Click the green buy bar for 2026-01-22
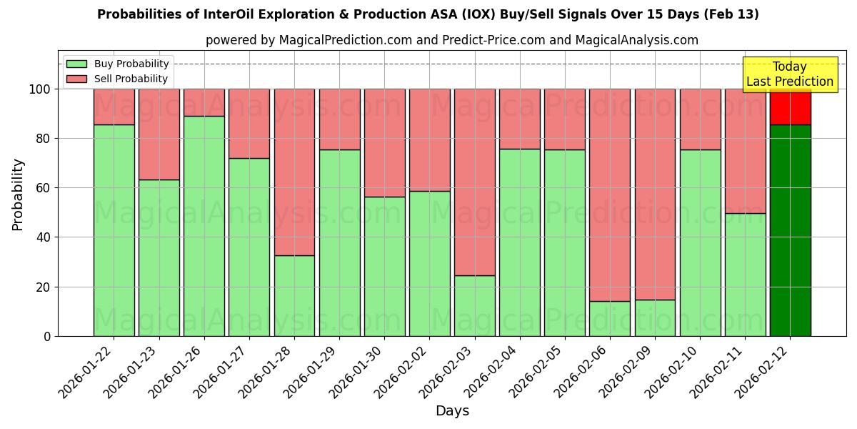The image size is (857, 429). tap(114, 230)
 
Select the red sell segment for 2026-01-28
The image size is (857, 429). tap(294, 172)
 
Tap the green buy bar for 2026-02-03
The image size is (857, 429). tap(474, 305)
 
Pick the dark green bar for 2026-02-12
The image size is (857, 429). tap(790, 230)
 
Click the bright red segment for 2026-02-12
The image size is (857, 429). tap(790, 107)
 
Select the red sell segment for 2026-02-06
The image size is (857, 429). tap(609, 194)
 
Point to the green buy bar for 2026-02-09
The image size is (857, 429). tap(655, 317)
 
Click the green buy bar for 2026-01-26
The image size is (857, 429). tap(204, 226)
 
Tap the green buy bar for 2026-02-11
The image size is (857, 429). tap(745, 275)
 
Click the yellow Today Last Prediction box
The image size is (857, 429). tap(790, 74)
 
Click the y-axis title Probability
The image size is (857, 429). tap(18, 194)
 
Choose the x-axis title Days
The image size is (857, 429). tap(452, 411)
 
